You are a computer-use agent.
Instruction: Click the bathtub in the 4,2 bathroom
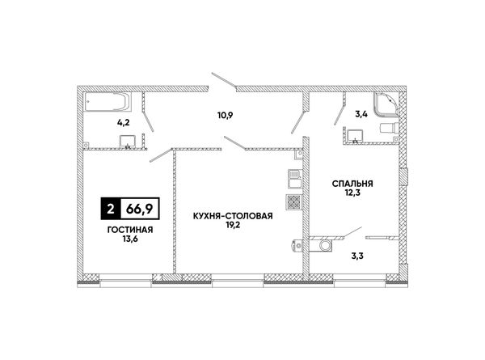point(108,102)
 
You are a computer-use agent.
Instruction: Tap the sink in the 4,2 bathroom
point(128,141)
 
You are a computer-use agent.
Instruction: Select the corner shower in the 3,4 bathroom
point(386,104)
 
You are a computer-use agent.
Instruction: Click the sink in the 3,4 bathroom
point(355,136)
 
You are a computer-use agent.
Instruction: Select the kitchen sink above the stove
point(294,179)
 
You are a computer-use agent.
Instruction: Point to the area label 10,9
point(225,116)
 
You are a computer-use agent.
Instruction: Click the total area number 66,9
point(139,209)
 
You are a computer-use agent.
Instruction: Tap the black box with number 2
point(111,209)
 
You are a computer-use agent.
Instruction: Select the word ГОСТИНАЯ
point(130,230)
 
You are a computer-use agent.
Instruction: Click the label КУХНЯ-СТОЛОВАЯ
point(233,216)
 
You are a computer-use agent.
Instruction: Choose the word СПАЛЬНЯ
point(352,184)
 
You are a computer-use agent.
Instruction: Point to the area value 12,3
point(352,193)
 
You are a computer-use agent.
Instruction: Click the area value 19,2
point(233,225)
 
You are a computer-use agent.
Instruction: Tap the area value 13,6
point(130,239)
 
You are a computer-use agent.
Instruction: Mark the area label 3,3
point(357,256)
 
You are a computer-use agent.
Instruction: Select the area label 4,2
point(123,123)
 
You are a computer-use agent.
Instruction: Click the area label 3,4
point(361,114)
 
